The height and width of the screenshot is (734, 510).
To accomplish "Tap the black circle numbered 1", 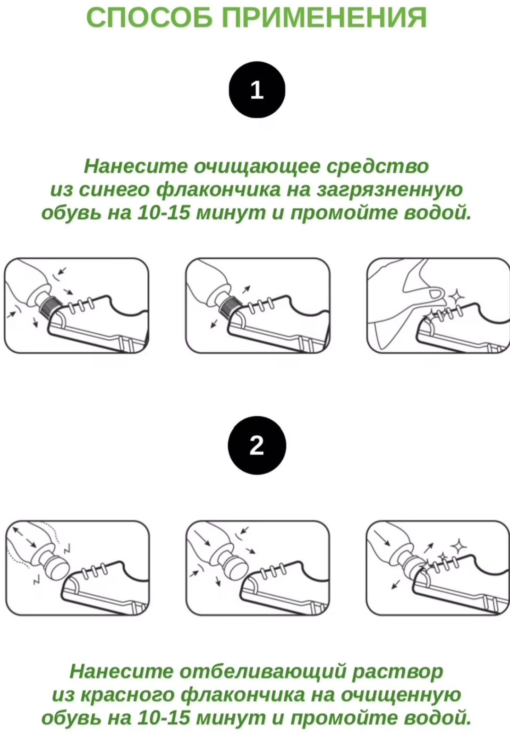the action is click(x=257, y=90).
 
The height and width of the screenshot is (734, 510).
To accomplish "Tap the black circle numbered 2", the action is click(x=257, y=445).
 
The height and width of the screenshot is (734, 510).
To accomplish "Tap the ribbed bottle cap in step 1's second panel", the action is click(x=231, y=304).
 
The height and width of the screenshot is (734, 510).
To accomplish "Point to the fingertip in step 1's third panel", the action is click(x=436, y=293).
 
